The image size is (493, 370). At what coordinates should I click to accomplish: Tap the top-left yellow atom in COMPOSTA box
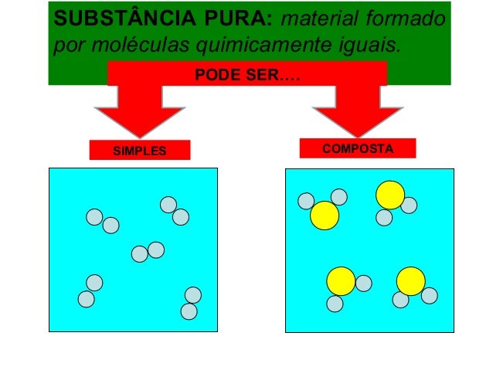(x=325, y=216)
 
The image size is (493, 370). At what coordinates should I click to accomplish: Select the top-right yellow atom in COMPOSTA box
(x=390, y=195)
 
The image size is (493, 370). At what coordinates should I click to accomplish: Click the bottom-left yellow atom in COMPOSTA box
(x=341, y=281)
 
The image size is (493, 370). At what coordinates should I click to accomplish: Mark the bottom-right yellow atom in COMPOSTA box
(x=411, y=281)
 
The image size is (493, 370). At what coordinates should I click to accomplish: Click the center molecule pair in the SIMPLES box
(x=148, y=252)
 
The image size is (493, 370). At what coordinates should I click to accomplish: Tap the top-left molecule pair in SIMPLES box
(x=102, y=221)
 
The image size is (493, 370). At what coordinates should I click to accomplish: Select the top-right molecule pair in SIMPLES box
(x=175, y=211)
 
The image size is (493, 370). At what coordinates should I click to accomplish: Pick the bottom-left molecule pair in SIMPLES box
(x=90, y=290)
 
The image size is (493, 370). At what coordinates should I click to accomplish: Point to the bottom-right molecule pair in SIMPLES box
(x=191, y=303)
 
